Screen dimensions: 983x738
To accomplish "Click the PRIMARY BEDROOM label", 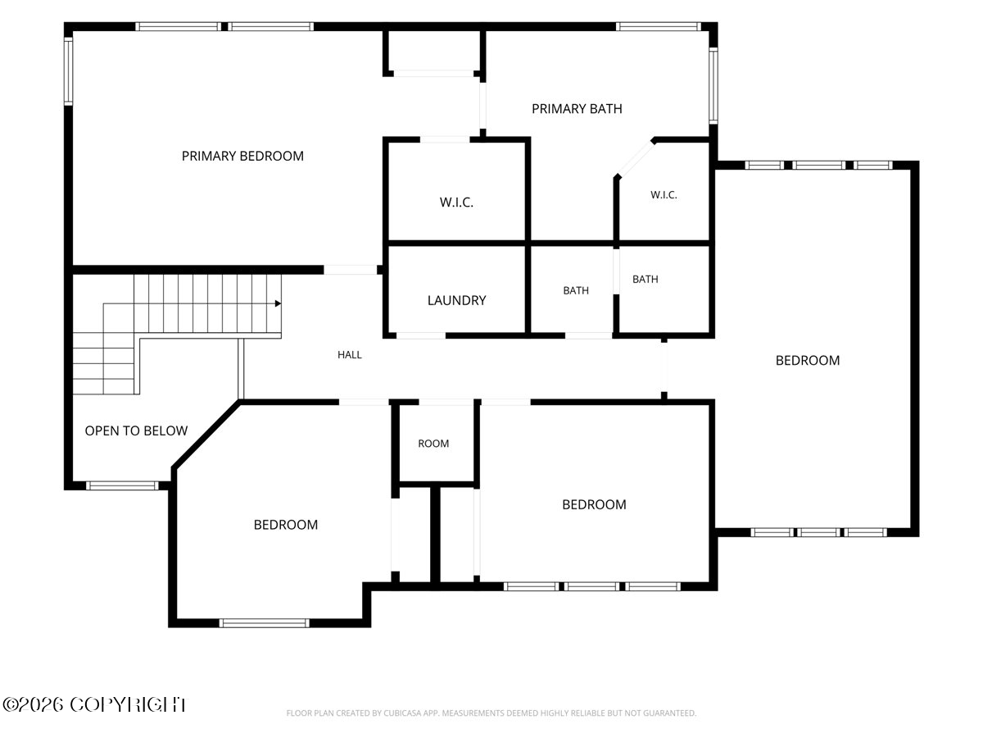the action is [x=242, y=156].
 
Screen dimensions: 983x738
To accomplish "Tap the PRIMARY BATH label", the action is [x=577, y=109].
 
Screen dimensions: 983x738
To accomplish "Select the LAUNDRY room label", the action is [x=456, y=300].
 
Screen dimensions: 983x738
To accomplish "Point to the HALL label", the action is [x=349, y=355].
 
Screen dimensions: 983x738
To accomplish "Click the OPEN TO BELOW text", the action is [x=136, y=431].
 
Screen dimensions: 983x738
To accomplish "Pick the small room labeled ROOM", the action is [x=433, y=444].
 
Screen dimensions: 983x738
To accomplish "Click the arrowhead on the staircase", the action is [x=278, y=303].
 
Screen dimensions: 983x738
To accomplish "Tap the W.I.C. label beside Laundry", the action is [x=456, y=203].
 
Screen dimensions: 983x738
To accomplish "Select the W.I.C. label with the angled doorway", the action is [x=664, y=195].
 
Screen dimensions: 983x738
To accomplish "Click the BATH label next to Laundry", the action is [x=576, y=291].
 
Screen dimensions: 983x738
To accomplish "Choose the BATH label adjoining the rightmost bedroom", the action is [x=645, y=280].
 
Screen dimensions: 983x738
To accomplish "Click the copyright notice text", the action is [x=94, y=705].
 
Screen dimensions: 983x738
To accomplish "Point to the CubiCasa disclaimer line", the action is [x=491, y=713].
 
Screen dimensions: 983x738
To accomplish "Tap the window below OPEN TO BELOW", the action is [x=122, y=485].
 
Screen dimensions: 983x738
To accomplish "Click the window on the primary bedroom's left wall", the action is [x=68, y=71].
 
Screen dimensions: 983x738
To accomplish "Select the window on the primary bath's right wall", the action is [x=713, y=85].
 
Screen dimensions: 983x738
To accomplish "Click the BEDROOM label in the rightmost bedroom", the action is [x=808, y=361].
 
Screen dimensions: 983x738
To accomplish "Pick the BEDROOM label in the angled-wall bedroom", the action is [x=286, y=525].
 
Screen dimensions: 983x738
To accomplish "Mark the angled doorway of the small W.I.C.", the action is [x=635, y=158].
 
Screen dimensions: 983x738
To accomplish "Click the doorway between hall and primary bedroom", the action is [x=351, y=270].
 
